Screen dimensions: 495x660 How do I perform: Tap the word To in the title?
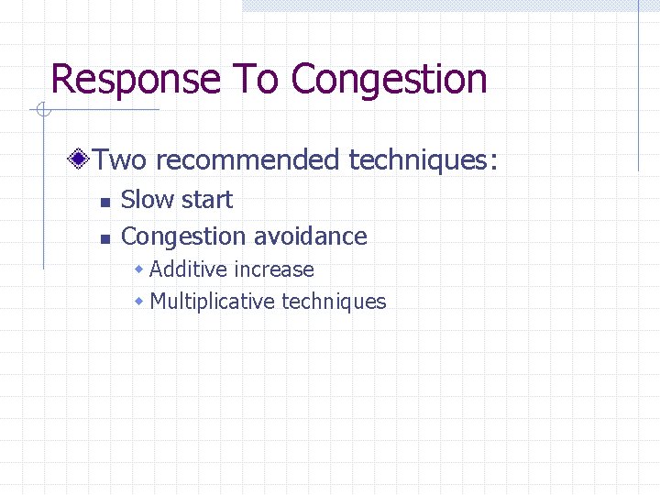(258, 79)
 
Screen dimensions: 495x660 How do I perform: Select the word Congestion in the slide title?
(389, 79)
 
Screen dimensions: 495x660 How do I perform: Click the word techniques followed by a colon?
(423, 161)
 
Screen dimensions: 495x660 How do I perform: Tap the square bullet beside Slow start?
(104, 202)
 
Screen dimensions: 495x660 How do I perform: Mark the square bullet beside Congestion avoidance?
(104, 238)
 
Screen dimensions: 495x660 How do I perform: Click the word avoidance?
(310, 236)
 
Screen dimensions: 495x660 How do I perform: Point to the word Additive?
(187, 269)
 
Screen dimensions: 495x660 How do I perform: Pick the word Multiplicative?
(213, 301)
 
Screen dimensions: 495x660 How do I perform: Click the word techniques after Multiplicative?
(334, 301)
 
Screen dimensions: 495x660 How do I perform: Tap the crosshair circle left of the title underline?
(41, 111)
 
